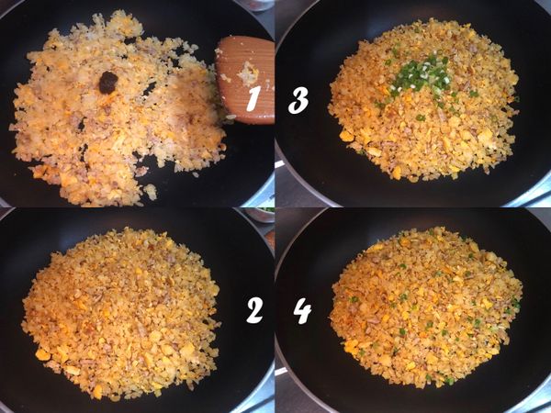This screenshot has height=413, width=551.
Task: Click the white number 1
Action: pyautogui.click(x=253, y=99)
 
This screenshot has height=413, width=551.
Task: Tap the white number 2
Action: pyautogui.click(x=254, y=310)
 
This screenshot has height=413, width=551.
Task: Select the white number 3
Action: pyautogui.click(x=298, y=100)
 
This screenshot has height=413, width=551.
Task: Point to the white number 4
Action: pyautogui.click(x=302, y=311)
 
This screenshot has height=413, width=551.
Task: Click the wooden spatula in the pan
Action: pyautogui.click(x=246, y=79)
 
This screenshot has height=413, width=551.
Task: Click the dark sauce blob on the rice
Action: pyautogui.click(x=107, y=83)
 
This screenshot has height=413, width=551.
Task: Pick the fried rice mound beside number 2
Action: pyautogui.click(x=121, y=314)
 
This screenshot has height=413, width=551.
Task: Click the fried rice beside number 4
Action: pyautogui.click(x=426, y=308)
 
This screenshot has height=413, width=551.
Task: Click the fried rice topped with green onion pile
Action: pyautogui.click(x=423, y=100)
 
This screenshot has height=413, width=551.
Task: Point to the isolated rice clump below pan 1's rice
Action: pyautogui.click(x=151, y=192)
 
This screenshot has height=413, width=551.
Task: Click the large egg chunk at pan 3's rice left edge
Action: pyautogui.click(x=346, y=136)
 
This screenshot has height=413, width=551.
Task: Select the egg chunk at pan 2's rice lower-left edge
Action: pyautogui.click(x=42, y=354)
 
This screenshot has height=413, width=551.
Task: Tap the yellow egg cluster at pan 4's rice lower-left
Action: pyautogui.click(x=352, y=346)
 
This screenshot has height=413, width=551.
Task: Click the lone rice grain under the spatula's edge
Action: pyautogui.click(x=231, y=117)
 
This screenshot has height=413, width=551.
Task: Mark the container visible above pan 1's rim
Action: pyautogui.click(x=257, y=6)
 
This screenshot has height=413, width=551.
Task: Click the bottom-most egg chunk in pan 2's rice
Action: pyautogui.click(x=97, y=392)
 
